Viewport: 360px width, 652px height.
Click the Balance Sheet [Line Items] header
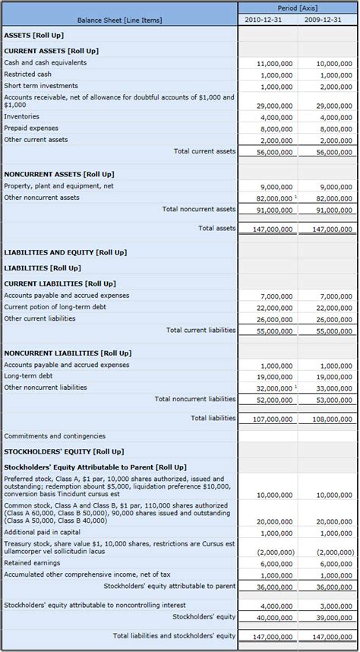tap(119, 20)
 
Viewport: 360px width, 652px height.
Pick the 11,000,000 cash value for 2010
tap(274, 65)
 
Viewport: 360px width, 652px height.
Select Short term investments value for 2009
tap(335, 87)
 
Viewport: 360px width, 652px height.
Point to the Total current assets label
tap(204, 151)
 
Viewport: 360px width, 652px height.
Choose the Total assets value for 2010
tap(270, 229)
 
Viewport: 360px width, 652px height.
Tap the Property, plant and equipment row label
tap(58, 186)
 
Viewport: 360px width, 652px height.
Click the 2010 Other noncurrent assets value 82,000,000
tap(272, 198)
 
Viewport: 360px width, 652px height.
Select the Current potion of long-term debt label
tap(55, 307)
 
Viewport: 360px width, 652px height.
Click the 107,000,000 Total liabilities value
tap(270, 419)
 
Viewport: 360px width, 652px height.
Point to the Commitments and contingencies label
tap(55, 436)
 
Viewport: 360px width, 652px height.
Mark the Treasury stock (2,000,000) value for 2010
tap(274, 552)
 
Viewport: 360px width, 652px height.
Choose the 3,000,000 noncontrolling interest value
tap(335, 606)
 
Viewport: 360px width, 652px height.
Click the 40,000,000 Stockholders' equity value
tap(273, 617)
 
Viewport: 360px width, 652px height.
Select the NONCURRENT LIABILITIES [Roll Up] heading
tap(68, 353)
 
